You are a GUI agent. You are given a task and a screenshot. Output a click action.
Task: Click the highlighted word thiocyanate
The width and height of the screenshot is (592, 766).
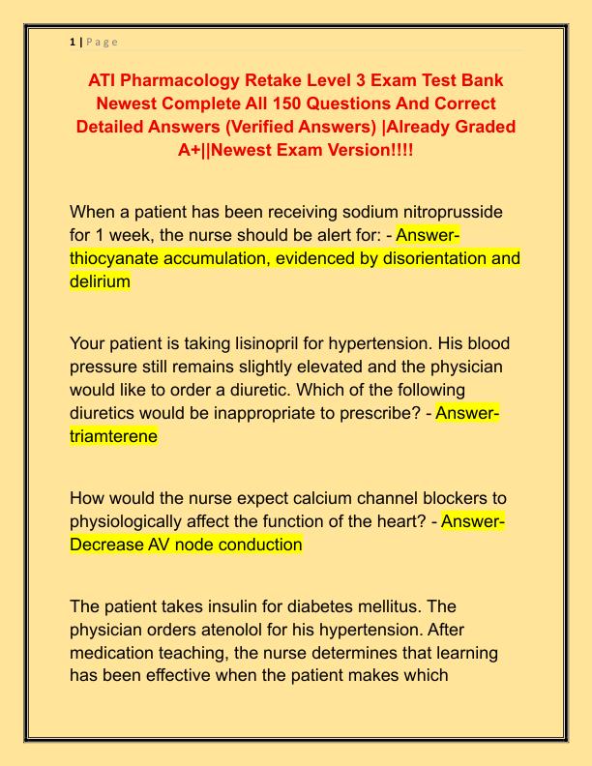click(x=121, y=258)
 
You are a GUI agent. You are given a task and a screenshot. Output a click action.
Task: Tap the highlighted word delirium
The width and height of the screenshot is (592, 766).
click(x=100, y=281)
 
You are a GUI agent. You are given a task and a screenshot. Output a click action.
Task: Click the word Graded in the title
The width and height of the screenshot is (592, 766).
click(x=467, y=126)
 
